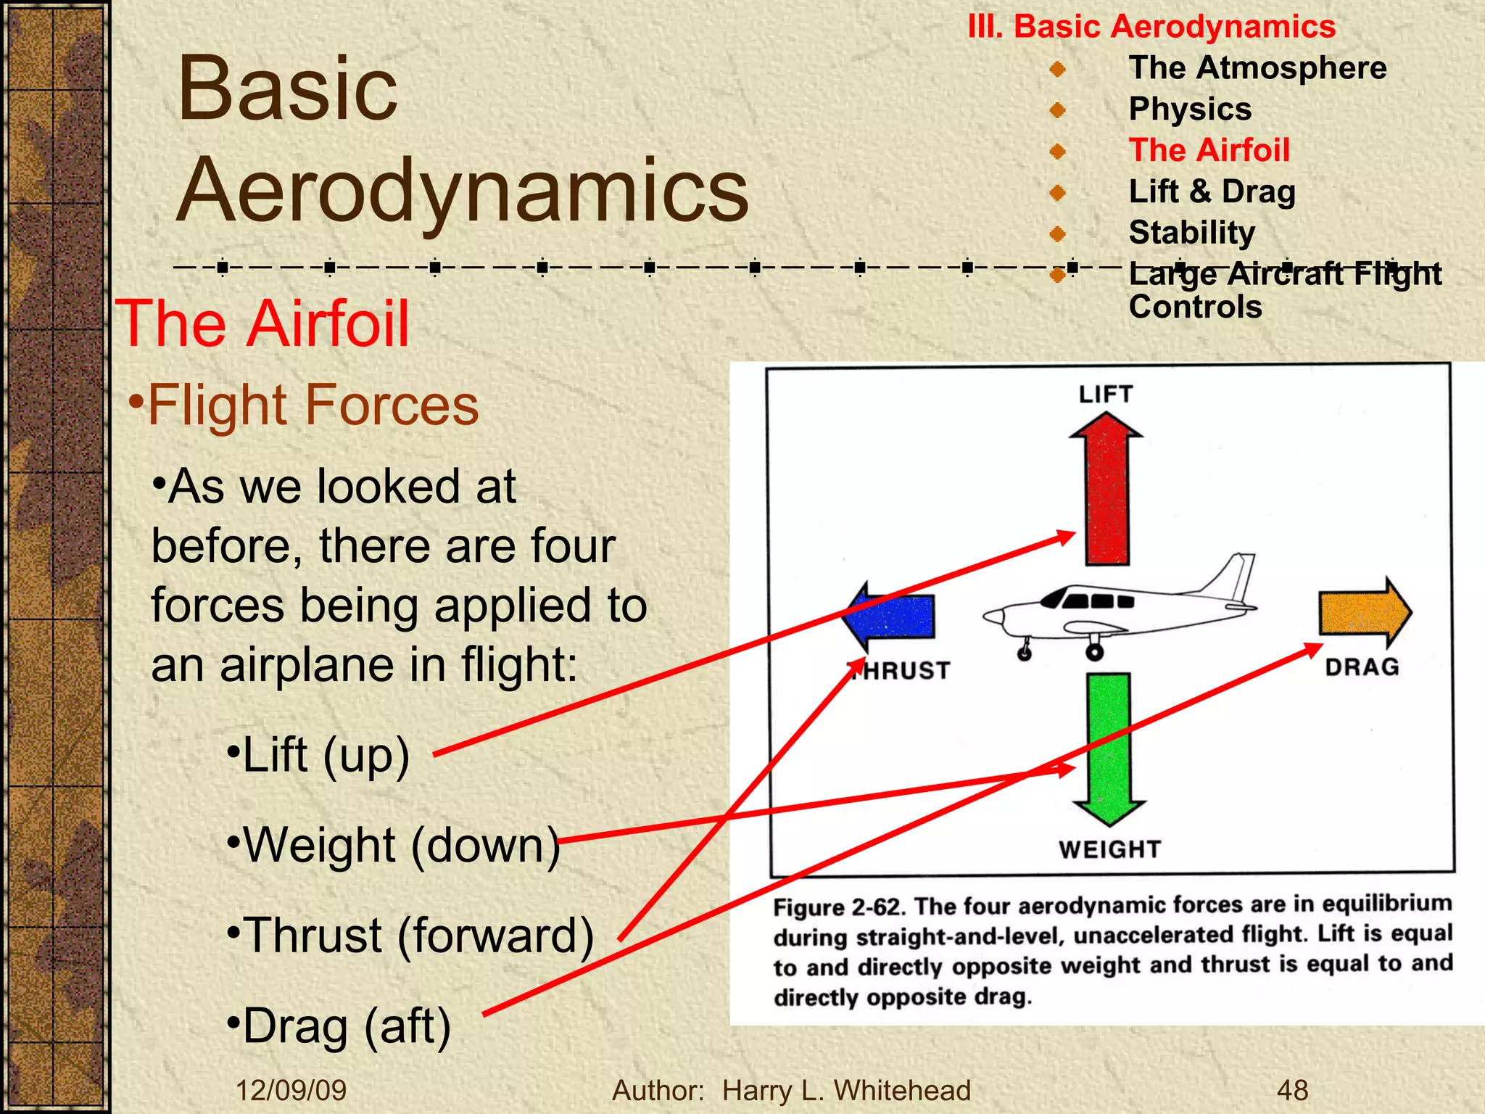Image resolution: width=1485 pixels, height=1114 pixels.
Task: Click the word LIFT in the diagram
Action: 1105,395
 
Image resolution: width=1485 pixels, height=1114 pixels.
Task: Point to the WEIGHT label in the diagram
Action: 1109,849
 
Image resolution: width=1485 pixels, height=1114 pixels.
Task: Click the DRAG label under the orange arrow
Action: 1362,667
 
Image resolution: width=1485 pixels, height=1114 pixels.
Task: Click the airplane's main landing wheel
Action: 1094,652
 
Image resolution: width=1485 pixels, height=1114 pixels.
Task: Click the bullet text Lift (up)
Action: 319,756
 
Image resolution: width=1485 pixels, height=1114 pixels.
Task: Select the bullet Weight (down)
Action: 395,846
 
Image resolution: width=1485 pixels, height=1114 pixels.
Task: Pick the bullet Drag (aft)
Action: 339,1026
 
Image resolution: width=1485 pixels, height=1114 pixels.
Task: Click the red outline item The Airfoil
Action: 1209,150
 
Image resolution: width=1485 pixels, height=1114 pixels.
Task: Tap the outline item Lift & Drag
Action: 1212,191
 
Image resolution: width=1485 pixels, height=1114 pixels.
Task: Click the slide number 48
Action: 1292,1090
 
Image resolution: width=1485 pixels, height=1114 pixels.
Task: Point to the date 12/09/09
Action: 291,1090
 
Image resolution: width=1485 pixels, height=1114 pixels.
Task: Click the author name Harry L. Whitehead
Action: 846,1090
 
